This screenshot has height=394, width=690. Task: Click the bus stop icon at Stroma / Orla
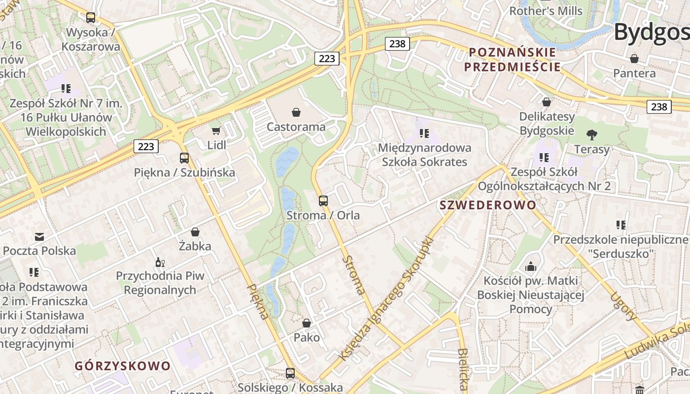pos(323,200)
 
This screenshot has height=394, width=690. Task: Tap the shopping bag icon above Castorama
pos(296,112)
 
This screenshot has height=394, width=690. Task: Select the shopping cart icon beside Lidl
pos(216,131)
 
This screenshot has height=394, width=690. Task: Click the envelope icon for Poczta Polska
pos(39,237)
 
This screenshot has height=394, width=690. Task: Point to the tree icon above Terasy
pos(591,134)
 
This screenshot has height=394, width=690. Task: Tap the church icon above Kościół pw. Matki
pos(531,266)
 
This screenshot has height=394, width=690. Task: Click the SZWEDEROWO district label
pos(487,205)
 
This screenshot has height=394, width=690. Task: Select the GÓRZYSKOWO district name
pos(123,366)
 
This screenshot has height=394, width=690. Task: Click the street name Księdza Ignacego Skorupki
pos(386,298)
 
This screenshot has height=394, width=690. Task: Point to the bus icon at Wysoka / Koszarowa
pos(91,18)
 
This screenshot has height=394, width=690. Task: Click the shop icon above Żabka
pos(195,232)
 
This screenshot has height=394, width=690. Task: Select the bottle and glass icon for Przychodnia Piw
pos(160,262)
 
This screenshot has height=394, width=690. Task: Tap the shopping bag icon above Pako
pos(307,323)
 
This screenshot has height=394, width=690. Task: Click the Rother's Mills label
pos(546,11)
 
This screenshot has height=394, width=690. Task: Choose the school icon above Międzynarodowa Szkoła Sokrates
pos(424,133)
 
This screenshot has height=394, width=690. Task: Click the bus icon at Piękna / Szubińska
pos(184,158)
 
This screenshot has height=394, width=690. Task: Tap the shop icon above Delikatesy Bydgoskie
pos(547,102)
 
